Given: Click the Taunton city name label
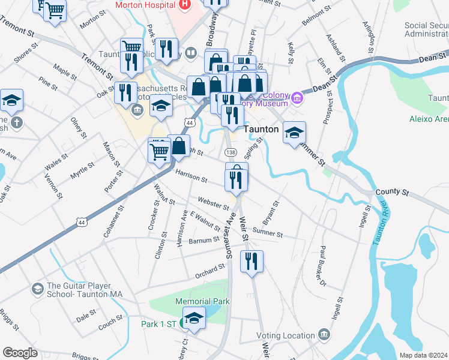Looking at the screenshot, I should [262, 129].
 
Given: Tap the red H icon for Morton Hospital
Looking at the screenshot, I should [184, 4].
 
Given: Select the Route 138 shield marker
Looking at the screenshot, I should [231, 154].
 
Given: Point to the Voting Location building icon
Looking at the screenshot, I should [324, 333].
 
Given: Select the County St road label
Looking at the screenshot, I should [392, 193].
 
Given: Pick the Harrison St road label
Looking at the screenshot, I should [191, 176].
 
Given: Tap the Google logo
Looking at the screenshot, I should [20, 353].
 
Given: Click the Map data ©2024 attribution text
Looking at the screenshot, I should [423, 355].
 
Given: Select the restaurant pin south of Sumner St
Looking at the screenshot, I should [251, 261].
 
